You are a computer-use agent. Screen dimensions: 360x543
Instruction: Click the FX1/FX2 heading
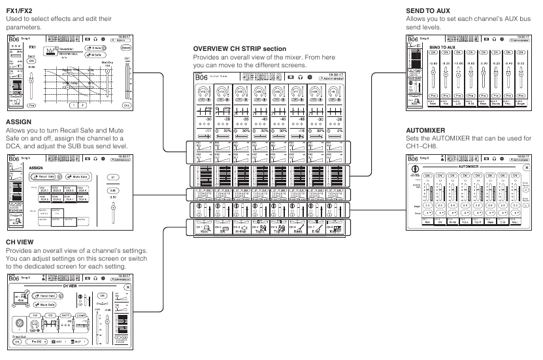[x=18, y=10]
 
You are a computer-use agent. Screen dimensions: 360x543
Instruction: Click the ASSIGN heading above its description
[x=17, y=122]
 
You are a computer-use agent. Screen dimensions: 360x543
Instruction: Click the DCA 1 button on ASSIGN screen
[x=44, y=189]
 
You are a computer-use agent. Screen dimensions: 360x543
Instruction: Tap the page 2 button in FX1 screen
[x=82, y=105]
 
